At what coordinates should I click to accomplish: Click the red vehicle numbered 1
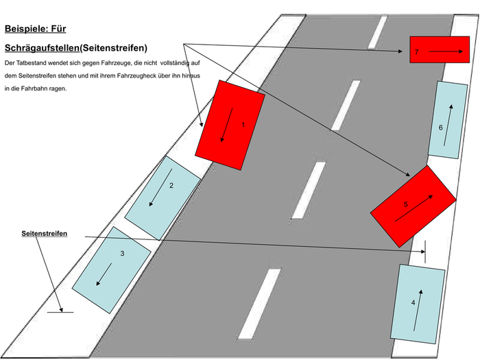(x=230, y=125)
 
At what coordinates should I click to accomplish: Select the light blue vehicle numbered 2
(x=163, y=198)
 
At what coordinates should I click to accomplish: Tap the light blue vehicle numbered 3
(x=111, y=270)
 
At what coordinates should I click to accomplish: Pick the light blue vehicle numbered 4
(x=418, y=304)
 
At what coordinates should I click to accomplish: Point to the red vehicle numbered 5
(x=413, y=206)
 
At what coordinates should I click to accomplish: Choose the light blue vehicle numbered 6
(x=448, y=120)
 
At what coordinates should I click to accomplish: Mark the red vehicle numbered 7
(x=440, y=49)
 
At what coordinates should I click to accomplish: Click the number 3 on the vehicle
(x=122, y=254)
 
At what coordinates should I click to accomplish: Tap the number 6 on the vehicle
(x=440, y=128)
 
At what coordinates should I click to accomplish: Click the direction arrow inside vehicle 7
(x=446, y=51)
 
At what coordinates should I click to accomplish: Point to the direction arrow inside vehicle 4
(x=418, y=311)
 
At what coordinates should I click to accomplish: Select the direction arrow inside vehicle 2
(x=160, y=188)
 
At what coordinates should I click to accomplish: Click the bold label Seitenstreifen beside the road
(x=45, y=234)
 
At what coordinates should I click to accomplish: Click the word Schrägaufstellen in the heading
(x=42, y=48)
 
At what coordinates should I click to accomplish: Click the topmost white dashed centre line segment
(x=377, y=32)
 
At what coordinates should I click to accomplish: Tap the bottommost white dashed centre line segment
(x=259, y=304)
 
